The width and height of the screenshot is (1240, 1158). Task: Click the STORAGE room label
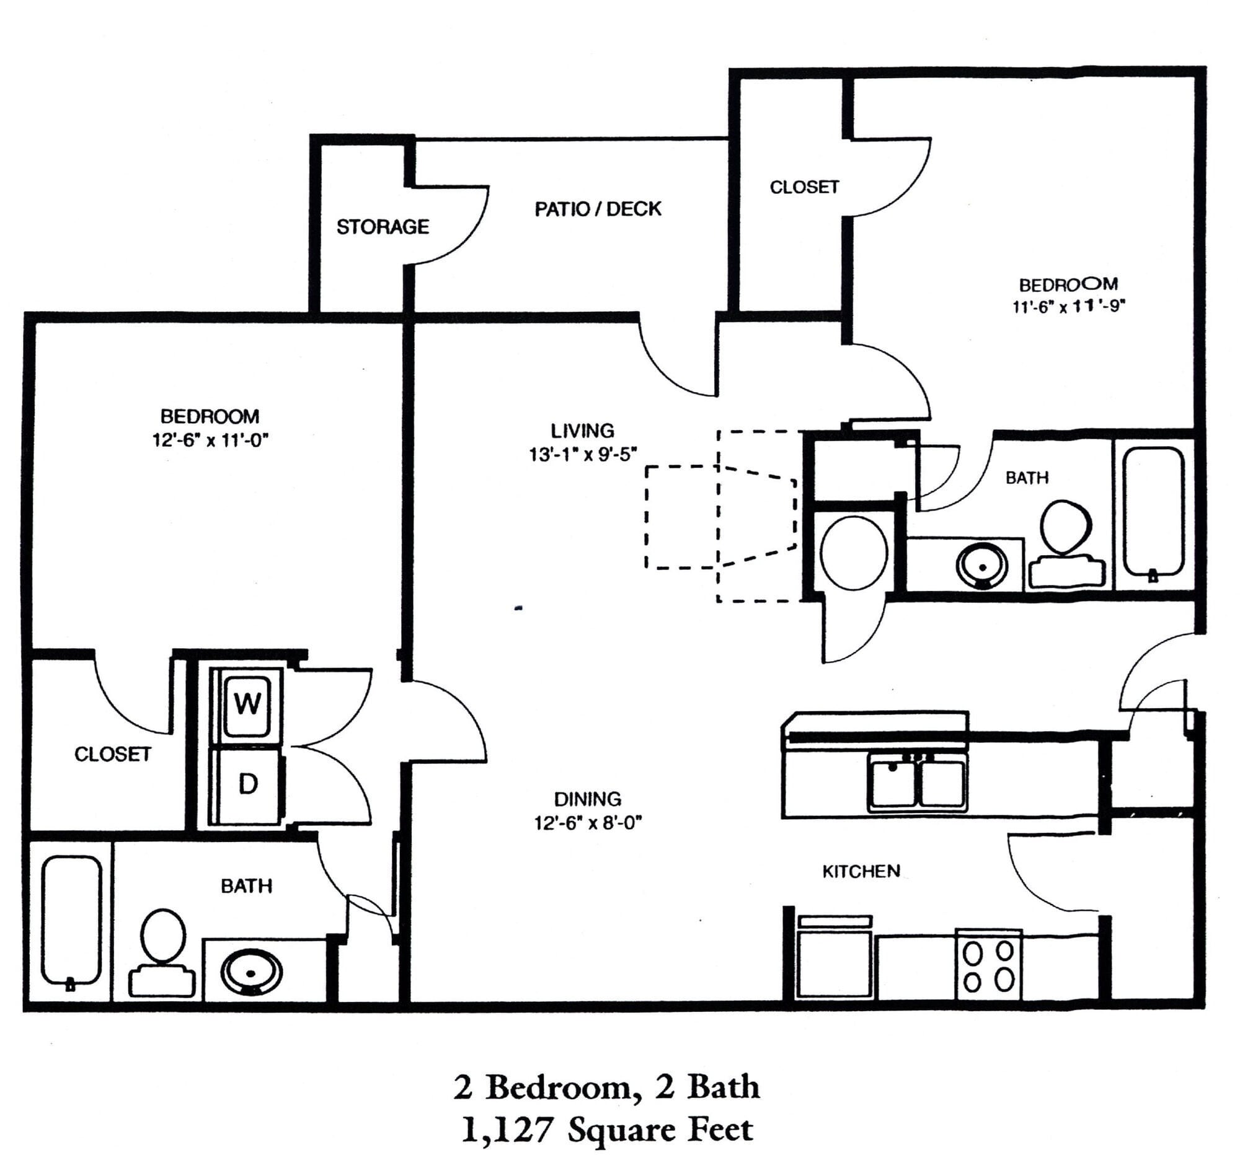[383, 226]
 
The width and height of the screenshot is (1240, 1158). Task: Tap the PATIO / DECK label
[598, 209]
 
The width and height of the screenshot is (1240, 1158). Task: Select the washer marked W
[247, 704]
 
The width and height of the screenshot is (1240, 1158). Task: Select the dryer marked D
[247, 784]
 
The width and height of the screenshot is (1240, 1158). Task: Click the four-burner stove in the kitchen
[989, 965]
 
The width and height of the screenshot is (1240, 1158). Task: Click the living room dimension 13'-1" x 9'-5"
[583, 454]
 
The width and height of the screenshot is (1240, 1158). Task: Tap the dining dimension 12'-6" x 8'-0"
[588, 823]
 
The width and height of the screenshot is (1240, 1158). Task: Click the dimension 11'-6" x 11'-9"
[1068, 307]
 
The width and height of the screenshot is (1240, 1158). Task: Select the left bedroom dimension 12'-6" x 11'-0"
[210, 440]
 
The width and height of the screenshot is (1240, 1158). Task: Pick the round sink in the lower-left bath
[251, 972]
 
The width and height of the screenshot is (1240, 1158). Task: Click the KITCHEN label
[861, 871]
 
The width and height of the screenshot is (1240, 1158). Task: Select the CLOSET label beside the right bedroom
[804, 187]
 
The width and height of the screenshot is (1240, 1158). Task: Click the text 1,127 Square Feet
[607, 1129]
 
